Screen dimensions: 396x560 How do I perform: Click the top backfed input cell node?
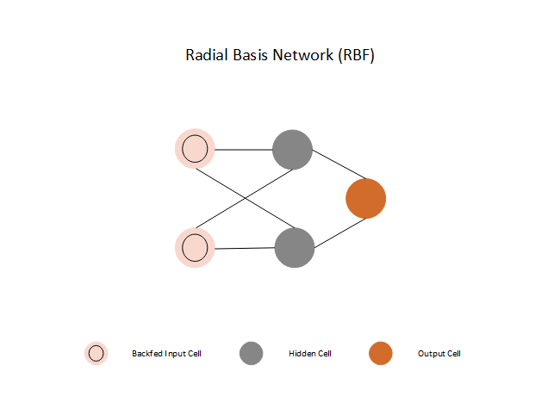(x=194, y=148)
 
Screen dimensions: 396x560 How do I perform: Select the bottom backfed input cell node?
(x=195, y=248)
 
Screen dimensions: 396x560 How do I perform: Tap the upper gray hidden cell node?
(x=292, y=149)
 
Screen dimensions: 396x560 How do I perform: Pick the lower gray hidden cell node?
(x=295, y=248)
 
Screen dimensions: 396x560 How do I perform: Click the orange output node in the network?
(x=365, y=198)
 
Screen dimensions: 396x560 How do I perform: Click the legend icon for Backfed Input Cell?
(x=96, y=353)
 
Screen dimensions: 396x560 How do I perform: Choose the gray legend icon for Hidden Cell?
(x=251, y=353)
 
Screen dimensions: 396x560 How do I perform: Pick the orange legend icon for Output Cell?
(x=380, y=353)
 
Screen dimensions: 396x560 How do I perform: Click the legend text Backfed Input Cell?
(x=166, y=354)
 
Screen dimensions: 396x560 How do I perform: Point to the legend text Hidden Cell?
(x=310, y=354)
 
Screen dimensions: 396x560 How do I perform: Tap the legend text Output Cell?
(x=439, y=354)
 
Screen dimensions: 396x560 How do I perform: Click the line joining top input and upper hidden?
(x=243, y=149)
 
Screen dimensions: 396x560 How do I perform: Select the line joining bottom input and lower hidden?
(x=245, y=248)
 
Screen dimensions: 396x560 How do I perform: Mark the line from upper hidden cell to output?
(x=329, y=163)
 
